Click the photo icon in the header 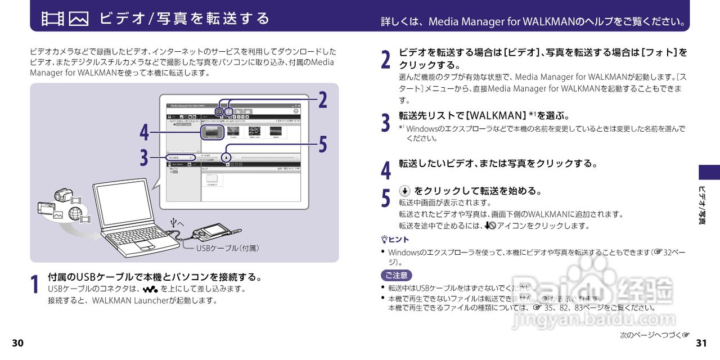click(79, 19)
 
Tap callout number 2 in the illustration click(322, 100)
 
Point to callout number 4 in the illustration click(145, 133)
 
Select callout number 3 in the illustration click(145, 157)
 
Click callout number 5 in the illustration click(322, 145)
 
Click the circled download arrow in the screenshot click(226, 157)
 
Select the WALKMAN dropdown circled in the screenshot click(181, 157)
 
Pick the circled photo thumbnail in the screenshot click(213, 132)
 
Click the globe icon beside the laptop click(74, 213)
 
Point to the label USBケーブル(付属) click(227, 248)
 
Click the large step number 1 click(35, 284)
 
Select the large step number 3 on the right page click(385, 122)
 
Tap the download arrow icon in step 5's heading click(404, 191)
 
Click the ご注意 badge click(396, 276)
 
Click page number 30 click(18, 343)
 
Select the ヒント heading click(395, 240)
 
